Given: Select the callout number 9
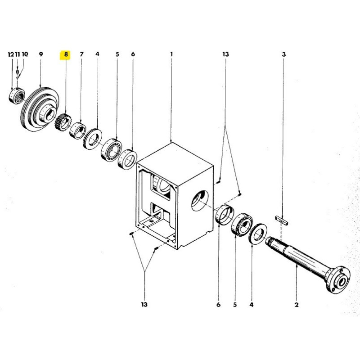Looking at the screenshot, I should click(x=40, y=54).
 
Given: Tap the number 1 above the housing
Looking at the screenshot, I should click(x=171, y=54).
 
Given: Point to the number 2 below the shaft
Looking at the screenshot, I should click(x=297, y=305).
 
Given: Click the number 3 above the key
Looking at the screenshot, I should click(x=284, y=54).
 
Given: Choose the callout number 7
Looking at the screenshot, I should click(x=81, y=54).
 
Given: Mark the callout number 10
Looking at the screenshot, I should click(x=25, y=54).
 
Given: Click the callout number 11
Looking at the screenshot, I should click(x=18, y=54).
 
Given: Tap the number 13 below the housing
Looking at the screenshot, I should click(x=144, y=305).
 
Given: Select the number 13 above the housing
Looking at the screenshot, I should click(x=225, y=54).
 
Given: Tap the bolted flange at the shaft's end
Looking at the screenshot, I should click(x=338, y=280).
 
